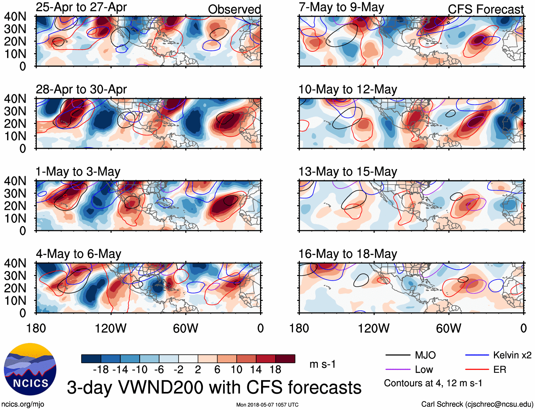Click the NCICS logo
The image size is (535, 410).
click(x=30, y=369)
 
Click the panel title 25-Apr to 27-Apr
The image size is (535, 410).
click(x=81, y=7)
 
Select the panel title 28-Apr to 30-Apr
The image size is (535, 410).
click(x=81, y=89)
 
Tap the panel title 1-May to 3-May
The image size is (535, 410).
click(x=78, y=172)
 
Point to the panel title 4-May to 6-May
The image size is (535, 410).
click(x=78, y=254)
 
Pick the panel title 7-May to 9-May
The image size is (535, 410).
click(x=341, y=7)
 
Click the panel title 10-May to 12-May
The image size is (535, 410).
click(x=348, y=89)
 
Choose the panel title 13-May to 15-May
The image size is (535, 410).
click(x=348, y=172)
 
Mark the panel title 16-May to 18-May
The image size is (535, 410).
click(x=348, y=254)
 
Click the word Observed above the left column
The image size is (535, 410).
click(x=234, y=10)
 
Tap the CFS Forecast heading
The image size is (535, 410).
click(x=485, y=10)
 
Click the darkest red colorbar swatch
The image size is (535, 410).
click(x=285, y=359)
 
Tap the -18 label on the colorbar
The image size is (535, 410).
click(x=101, y=370)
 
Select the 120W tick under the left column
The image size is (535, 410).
click(x=111, y=328)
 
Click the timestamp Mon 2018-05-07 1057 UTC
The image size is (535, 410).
click(x=267, y=405)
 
